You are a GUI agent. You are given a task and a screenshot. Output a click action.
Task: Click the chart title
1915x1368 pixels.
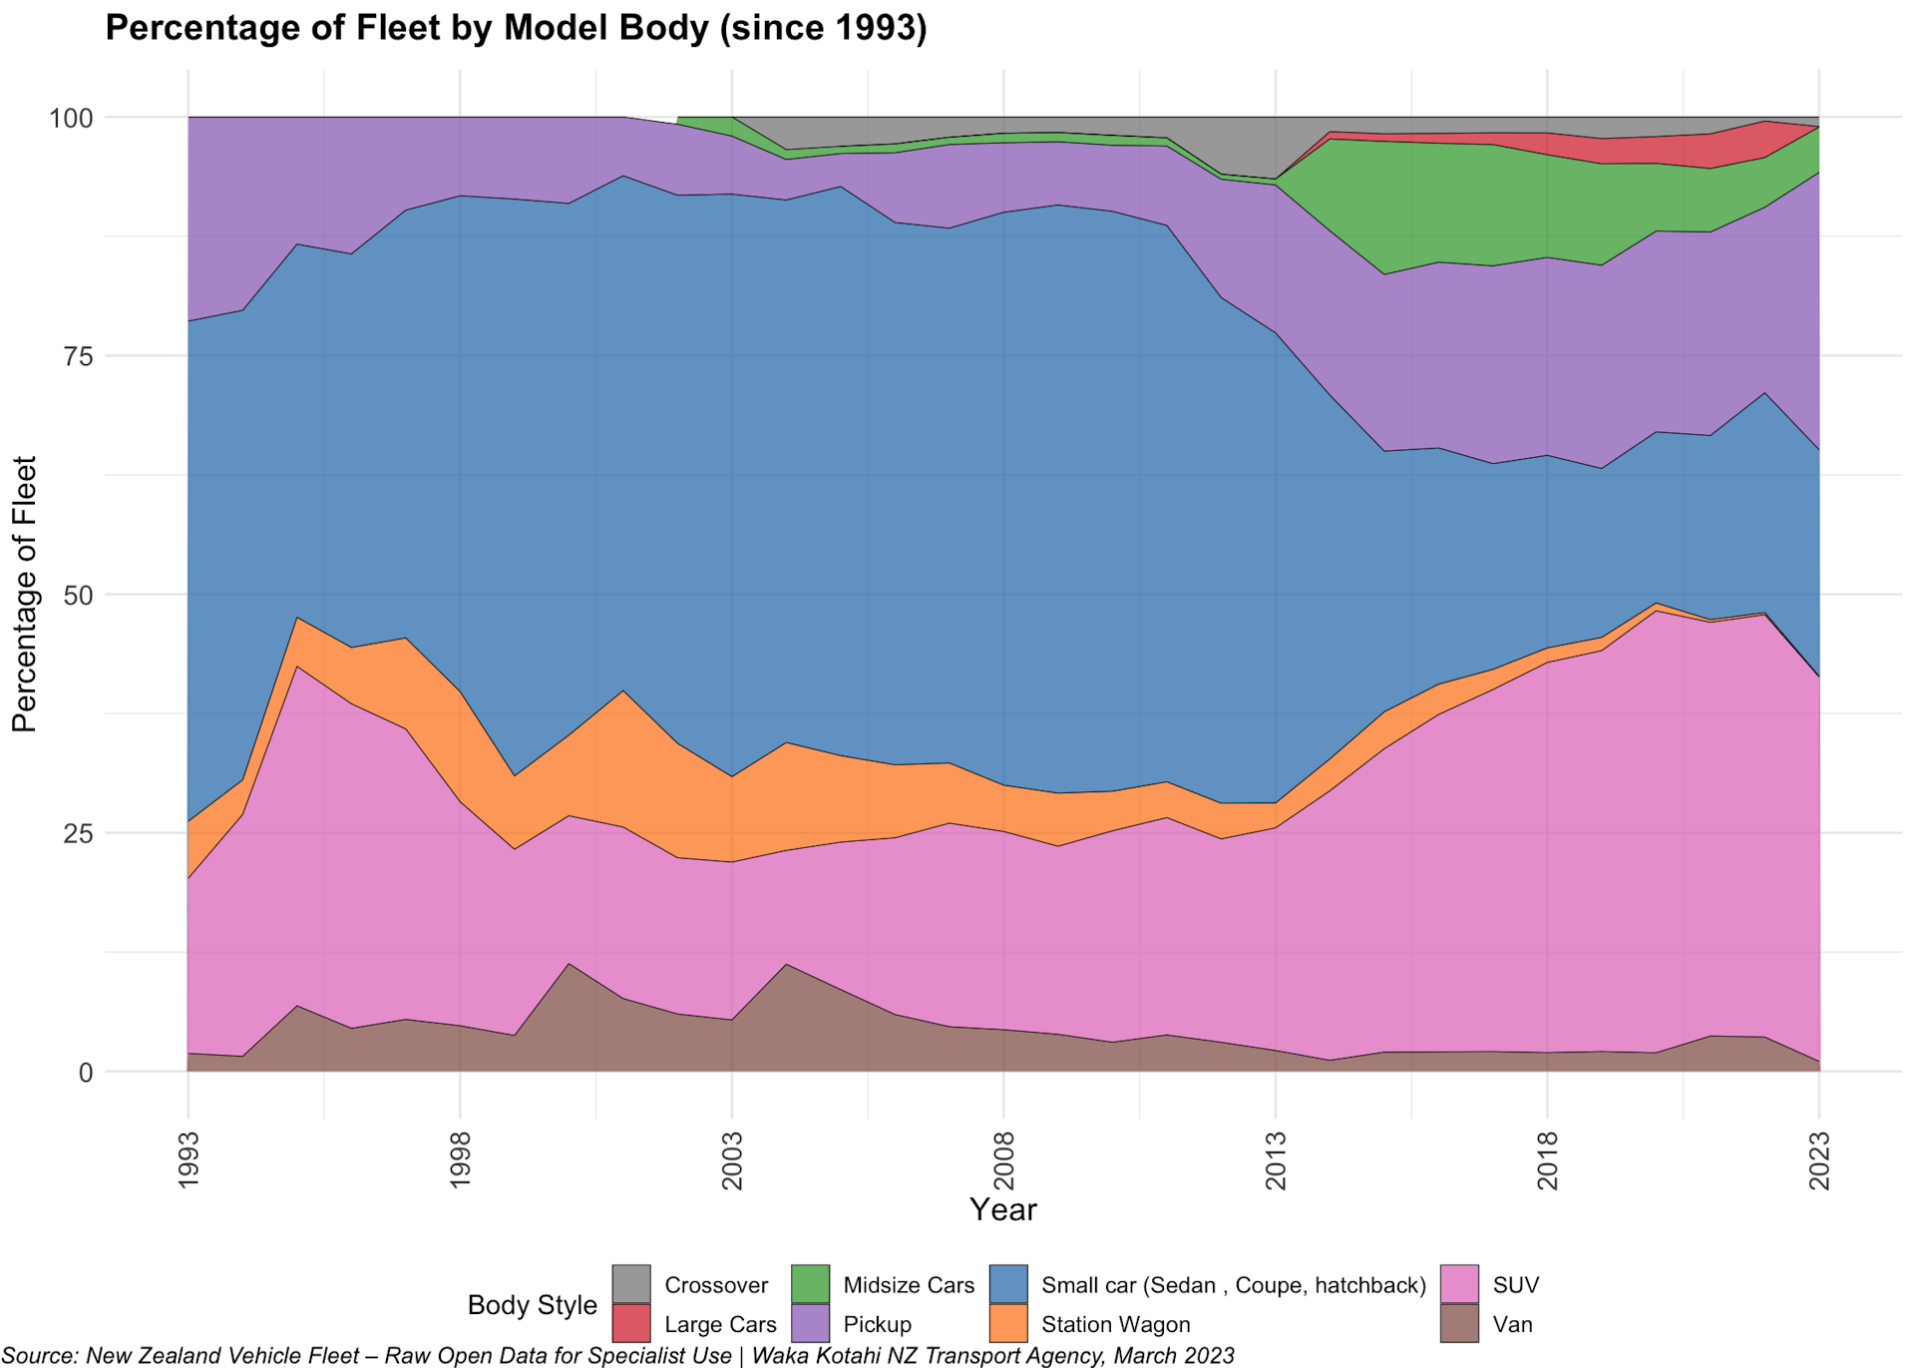516,28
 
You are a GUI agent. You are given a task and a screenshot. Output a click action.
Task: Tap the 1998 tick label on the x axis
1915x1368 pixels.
460,1160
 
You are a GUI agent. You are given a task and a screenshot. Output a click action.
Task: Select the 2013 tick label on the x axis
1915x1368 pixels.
1276,1160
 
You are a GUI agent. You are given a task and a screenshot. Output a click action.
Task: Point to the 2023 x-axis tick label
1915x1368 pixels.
1819,1160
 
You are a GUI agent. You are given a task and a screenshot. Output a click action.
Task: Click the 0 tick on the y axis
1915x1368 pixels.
85,1073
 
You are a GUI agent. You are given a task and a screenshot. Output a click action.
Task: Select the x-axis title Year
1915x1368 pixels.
1002,1210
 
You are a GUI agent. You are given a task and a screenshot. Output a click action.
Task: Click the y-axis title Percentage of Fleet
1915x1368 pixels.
24,595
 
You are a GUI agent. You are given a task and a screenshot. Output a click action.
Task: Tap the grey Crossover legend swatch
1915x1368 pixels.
630,1284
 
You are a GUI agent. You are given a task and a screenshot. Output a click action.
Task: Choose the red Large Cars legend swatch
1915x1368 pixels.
630,1324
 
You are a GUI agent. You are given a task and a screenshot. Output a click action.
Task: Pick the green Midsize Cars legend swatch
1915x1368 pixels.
810,1284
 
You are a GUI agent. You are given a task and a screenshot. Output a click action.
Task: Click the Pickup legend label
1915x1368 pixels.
877,1325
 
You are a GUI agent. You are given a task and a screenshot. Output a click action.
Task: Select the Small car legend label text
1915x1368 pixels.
1233,1285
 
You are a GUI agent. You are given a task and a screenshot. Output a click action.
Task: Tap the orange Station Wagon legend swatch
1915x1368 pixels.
1008,1324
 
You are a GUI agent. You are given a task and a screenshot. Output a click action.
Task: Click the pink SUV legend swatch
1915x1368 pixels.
1459,1284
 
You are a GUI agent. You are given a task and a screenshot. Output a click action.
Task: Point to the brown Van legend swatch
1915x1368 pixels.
1459,1324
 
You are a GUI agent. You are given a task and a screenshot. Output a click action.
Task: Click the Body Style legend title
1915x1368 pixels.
532,1305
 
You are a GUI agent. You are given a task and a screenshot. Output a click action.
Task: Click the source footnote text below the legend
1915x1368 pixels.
618,1356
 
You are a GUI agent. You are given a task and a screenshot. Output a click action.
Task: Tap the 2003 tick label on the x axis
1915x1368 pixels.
732,1160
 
